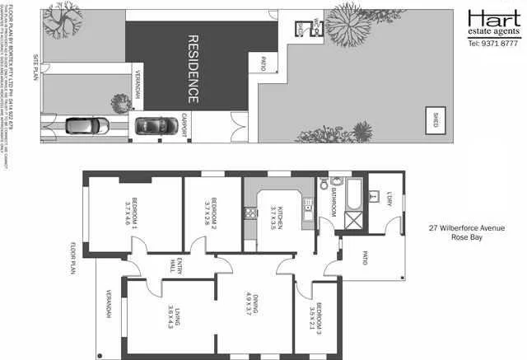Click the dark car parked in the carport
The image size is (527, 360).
152,125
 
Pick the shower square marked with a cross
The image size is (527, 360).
356,222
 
